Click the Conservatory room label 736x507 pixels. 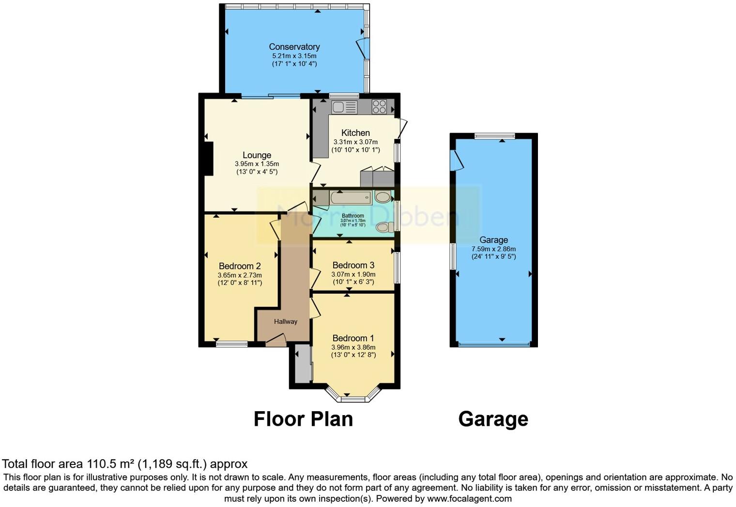pyautogui.click(x=294, y=47)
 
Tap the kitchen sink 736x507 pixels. pyautogui.click(x=344, y=107)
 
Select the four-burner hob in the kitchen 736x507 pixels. pyautogui.click(x=379, y=106)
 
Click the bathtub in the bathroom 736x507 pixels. pyautogui.click(x=351, y=197)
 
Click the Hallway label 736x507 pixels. pyautogui.click(x=286, y=321)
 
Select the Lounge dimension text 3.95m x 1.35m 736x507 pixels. pyautogui.click(x=257, y=164)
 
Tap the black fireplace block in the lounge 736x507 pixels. pyautogui.click(x=208, y=158)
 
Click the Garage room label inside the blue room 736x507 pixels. pyautogui.click(x=493, y=240)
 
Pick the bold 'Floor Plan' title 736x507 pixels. pyautogui.click(x=303, y=419)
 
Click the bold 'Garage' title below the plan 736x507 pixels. pyautogui.click(x=493, y=419)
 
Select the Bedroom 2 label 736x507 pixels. pyautogui.click(x=240, y=266)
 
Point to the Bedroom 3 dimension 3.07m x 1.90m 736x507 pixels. pyautogui.click(x=353, y=274)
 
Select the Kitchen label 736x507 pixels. pyautogui.click(x=355, y=133)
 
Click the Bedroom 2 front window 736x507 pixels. pyautogui.click(x=231, y=344)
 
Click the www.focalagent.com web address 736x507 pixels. pyautogui.click(x=469, y=498)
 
